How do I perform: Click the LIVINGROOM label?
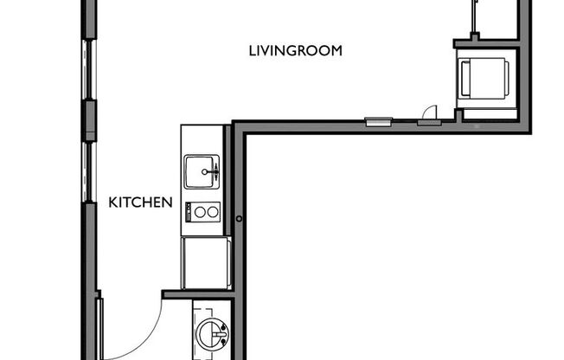click(296, 51)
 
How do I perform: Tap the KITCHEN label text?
click(140, 203)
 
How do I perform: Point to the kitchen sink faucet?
click(206, 173)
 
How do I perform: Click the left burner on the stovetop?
click(199, 210)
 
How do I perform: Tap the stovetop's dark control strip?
click(188, 210)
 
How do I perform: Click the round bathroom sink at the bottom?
click(210, 331)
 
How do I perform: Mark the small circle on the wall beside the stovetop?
click(238, 219)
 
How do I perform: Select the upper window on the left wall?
click(89, 69)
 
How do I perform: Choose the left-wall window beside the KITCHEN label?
click(89, 173)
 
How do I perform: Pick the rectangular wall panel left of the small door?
click(377, 122)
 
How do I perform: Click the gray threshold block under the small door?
click(428, 122)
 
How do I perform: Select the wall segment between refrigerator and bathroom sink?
click(197, 294)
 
